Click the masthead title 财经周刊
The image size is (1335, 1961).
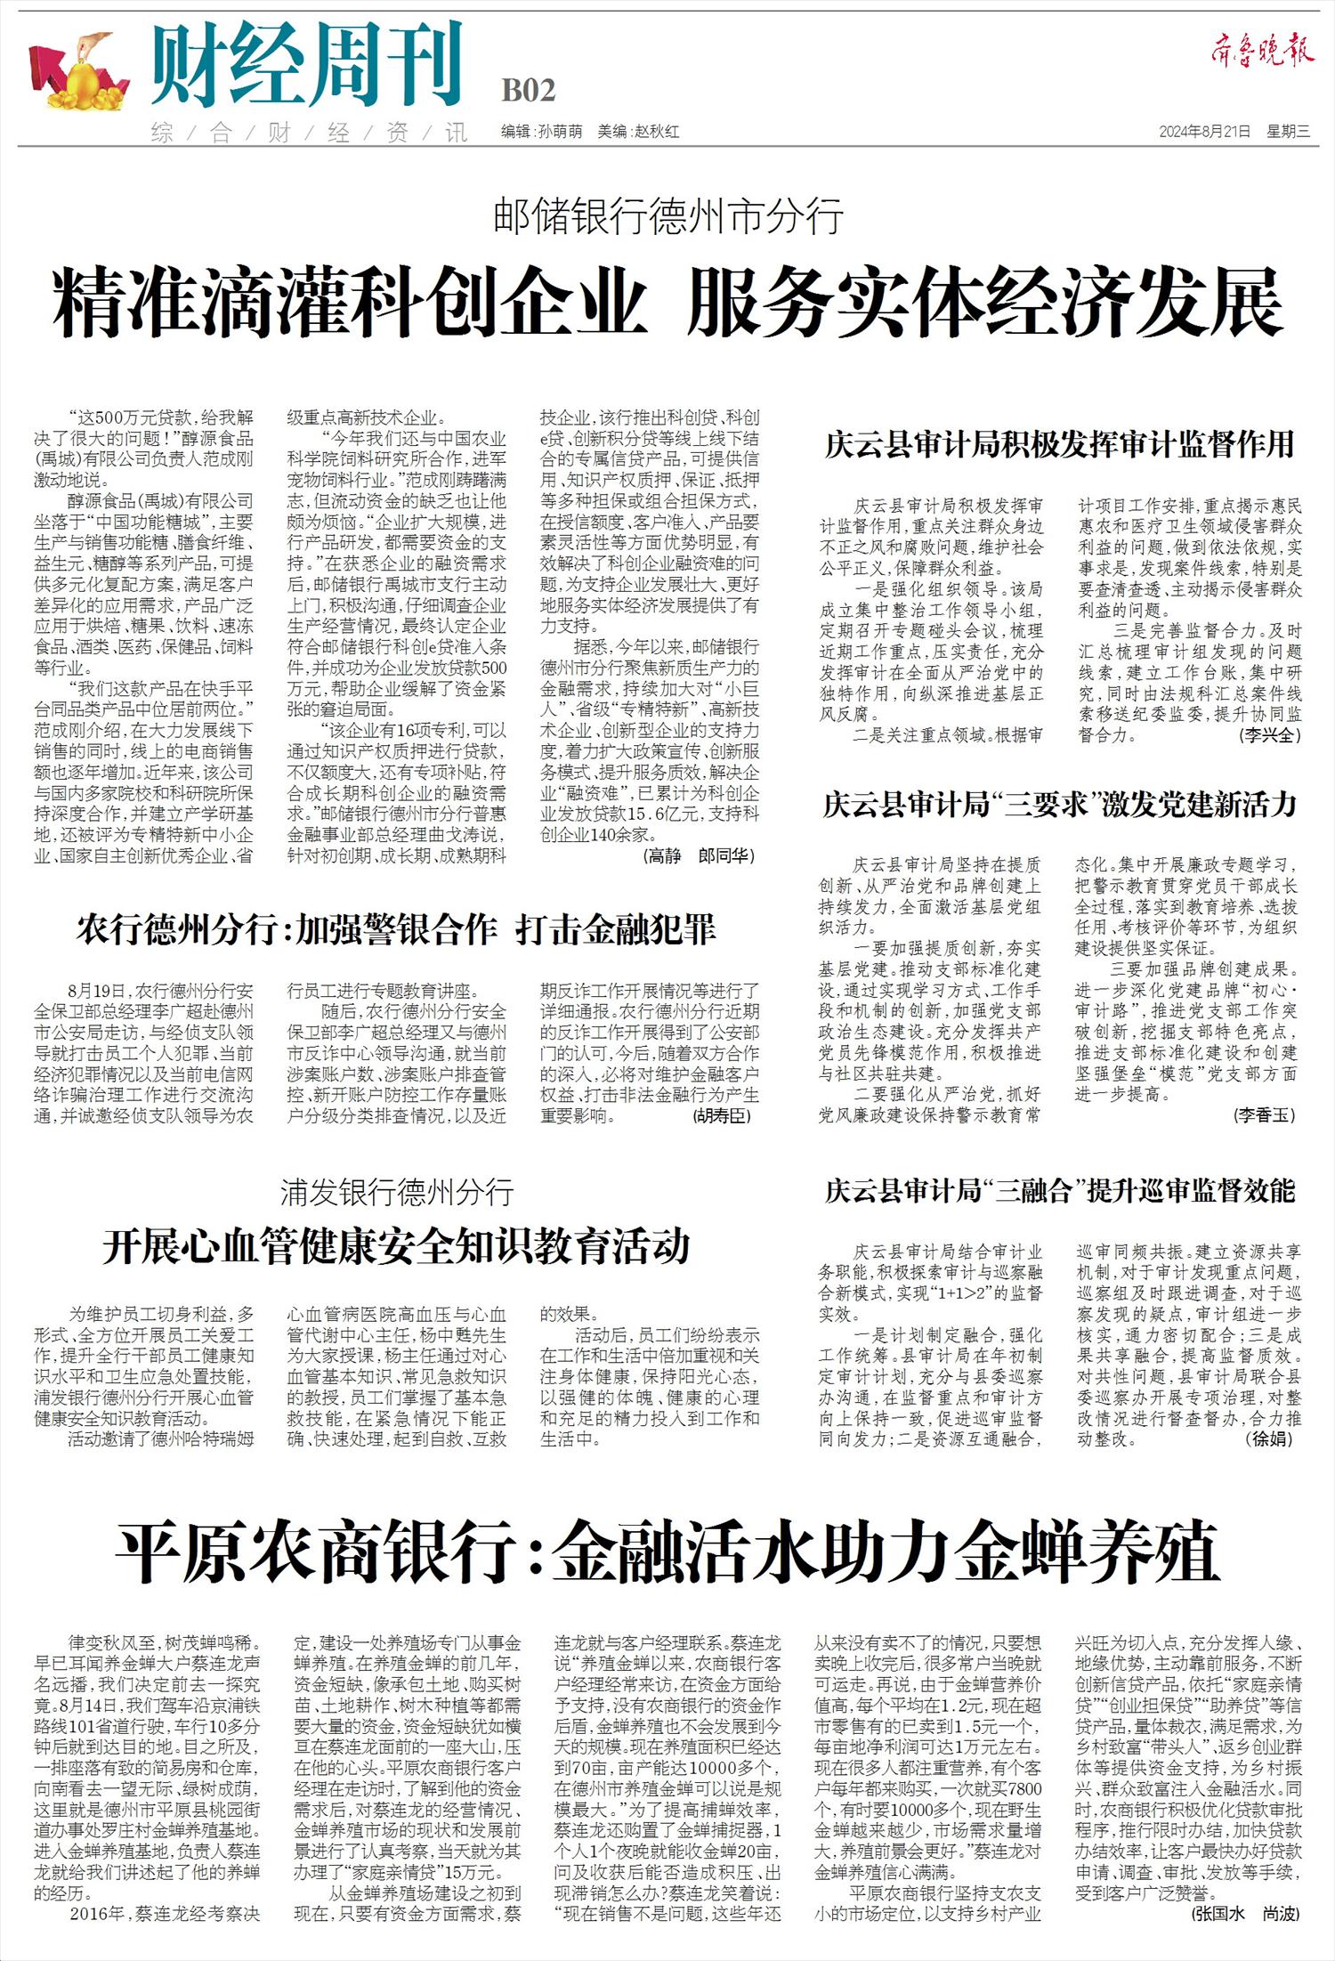(x=307, y=65)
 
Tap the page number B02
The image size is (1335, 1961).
(x=529, y=91)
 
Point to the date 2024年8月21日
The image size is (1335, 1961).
(x=1205, y=132)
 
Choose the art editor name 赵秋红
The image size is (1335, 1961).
(x=656, y=132)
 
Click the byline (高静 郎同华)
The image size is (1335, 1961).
(x=698, y=856)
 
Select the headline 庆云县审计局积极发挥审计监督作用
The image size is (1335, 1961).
(x=1059, y=444)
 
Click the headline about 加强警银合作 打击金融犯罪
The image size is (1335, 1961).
(x=396, y=930)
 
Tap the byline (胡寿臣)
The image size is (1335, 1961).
(x=722, y=1116)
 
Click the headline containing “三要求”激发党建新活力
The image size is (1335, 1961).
(x=1059, y=805)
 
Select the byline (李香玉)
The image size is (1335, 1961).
(x=1265, y=1114)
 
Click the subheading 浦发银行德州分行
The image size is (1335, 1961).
(x=397, y=1192)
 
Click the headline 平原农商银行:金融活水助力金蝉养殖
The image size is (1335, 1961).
(x=667, y=1552)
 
